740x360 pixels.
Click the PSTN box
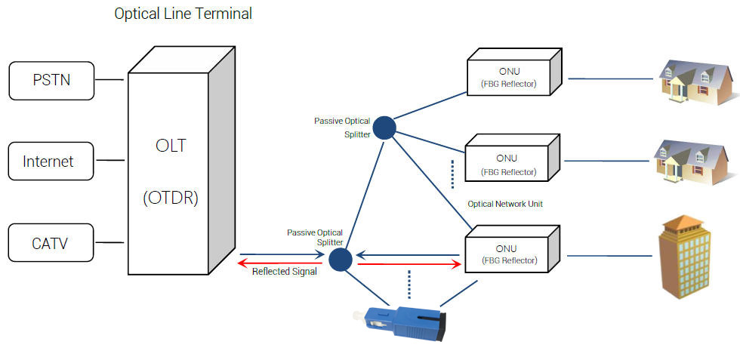pos(51,80)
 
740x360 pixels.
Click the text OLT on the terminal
pos(170,146)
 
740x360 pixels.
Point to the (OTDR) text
pos(170,198)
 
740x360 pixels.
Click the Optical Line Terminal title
pos(183,14)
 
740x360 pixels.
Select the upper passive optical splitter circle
pos(384,127)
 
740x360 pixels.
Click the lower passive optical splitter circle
pos(341,259)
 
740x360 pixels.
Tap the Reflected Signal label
pos(284,272)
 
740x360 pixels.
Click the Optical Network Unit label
pos(505,204)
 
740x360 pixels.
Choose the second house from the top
pos(691,160)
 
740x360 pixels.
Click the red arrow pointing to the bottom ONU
pos(408,265)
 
